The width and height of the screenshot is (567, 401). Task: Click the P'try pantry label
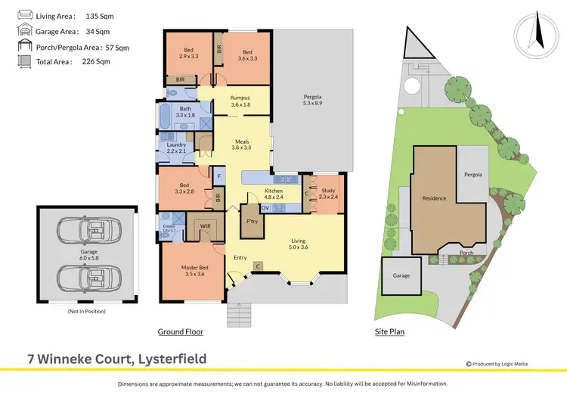pyautogui.click(x=252, y=222)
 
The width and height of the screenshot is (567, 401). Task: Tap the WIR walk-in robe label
pyautogui.click(x=204, y=226)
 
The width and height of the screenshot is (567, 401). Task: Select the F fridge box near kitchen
pyautogui.click(x=218, y=177)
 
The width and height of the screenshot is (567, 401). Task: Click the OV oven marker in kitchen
pyautogui.click(x=265, y=207)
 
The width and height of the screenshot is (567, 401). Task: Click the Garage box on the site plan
pyautogui.click(x=401, y=275)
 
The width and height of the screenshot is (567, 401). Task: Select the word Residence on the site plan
pyautogui.click(x=434, y=198)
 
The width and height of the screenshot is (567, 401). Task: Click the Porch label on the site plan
pyautogui.click(x=466, y=253)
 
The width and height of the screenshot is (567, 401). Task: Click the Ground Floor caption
pyautogui.click(x=180, y=332)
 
